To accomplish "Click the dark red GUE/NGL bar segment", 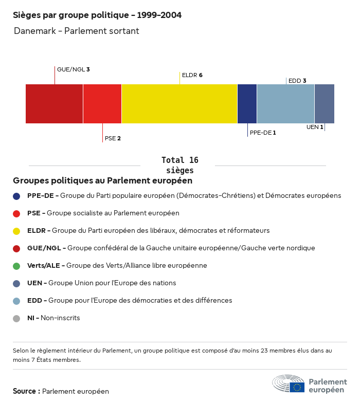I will pos(54,104).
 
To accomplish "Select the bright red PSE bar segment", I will pos(102,104).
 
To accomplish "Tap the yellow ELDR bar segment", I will pos(179,104).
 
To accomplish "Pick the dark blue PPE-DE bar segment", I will pos(247,104).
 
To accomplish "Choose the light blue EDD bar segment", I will pos(285,104).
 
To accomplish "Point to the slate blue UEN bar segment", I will pos(325,104).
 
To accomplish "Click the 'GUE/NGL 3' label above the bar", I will pos(73,69).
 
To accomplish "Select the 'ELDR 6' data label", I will pos(192,75).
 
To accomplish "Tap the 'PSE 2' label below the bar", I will pos(113,138).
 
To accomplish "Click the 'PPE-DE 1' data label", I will pos(263,133).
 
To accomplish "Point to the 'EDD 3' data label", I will pos(297,81).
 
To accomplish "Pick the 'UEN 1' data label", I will pos(315,127).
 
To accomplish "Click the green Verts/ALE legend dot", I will pos(16,266).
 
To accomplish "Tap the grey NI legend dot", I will pos(16,318).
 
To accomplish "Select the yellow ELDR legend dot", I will pos(16,231).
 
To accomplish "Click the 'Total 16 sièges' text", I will pos(180,165).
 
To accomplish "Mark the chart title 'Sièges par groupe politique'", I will pos(97,15).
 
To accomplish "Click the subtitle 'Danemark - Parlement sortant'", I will pos(77,31).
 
